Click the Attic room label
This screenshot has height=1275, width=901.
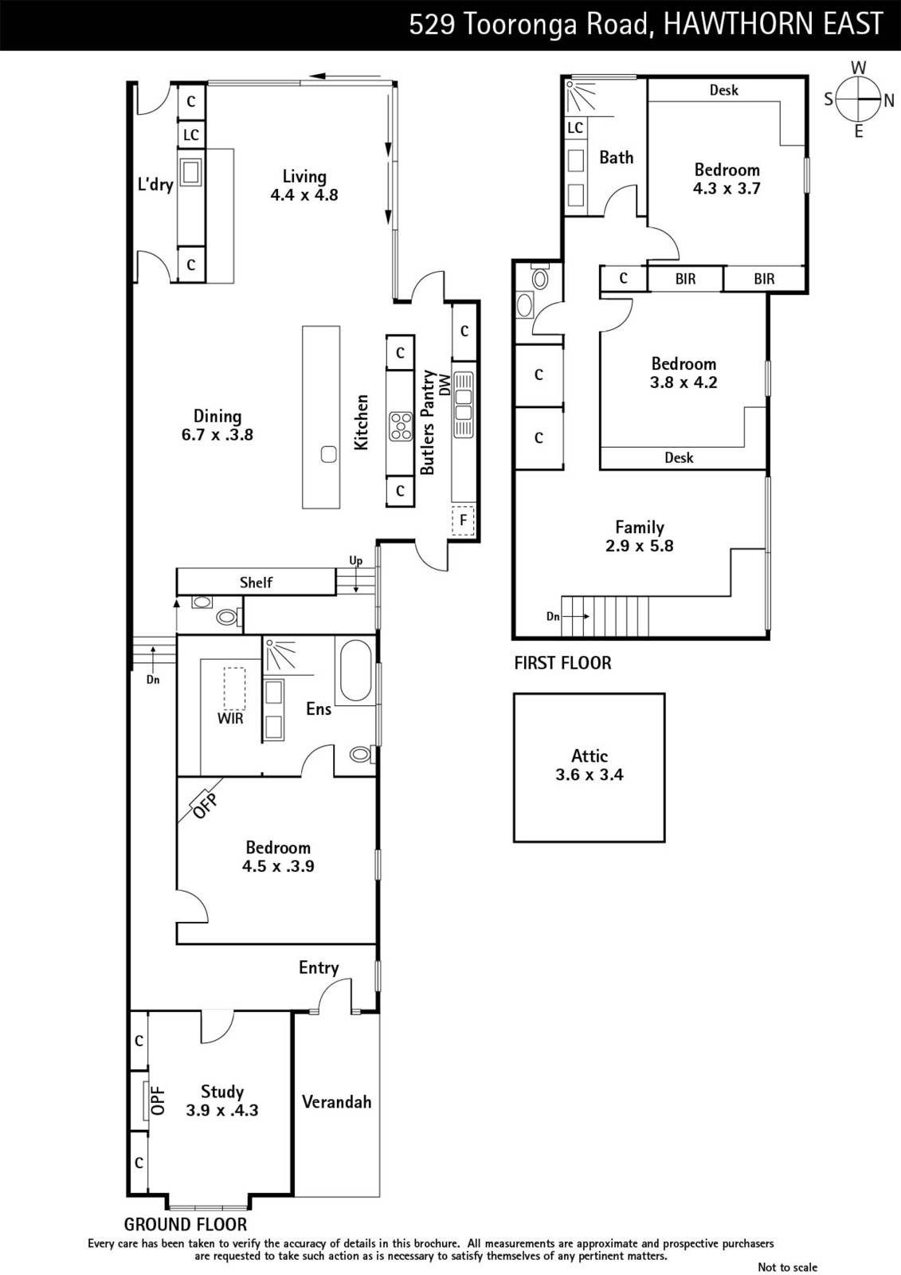click(590, 756)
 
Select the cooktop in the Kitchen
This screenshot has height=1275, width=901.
click(401, 426)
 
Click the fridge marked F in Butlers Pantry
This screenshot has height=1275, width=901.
click(464, 520)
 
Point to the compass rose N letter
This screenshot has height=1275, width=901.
click(888, 100)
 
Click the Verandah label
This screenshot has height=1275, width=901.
click(336, 1102)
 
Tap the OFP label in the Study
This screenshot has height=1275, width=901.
click(159, 1100)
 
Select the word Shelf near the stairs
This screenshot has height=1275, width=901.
click(256, 583)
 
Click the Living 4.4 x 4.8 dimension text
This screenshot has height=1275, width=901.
click(304, 194)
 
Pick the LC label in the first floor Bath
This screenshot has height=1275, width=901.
click(575, 127)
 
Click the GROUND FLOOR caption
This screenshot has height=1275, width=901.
click(186, 1224)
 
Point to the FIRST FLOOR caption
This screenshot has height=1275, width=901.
click(562, 663)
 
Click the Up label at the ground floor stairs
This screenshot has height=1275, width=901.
click(356, 561)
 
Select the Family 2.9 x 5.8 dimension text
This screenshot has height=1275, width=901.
click(639, 546)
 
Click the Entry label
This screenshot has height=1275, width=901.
click(319, 967)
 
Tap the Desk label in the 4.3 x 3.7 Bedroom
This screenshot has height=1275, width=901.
click(724, 90)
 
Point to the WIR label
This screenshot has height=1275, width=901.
click(230, 719)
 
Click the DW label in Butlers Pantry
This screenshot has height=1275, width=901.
click(445, 386)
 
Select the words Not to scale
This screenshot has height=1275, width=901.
click(787, 1267)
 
